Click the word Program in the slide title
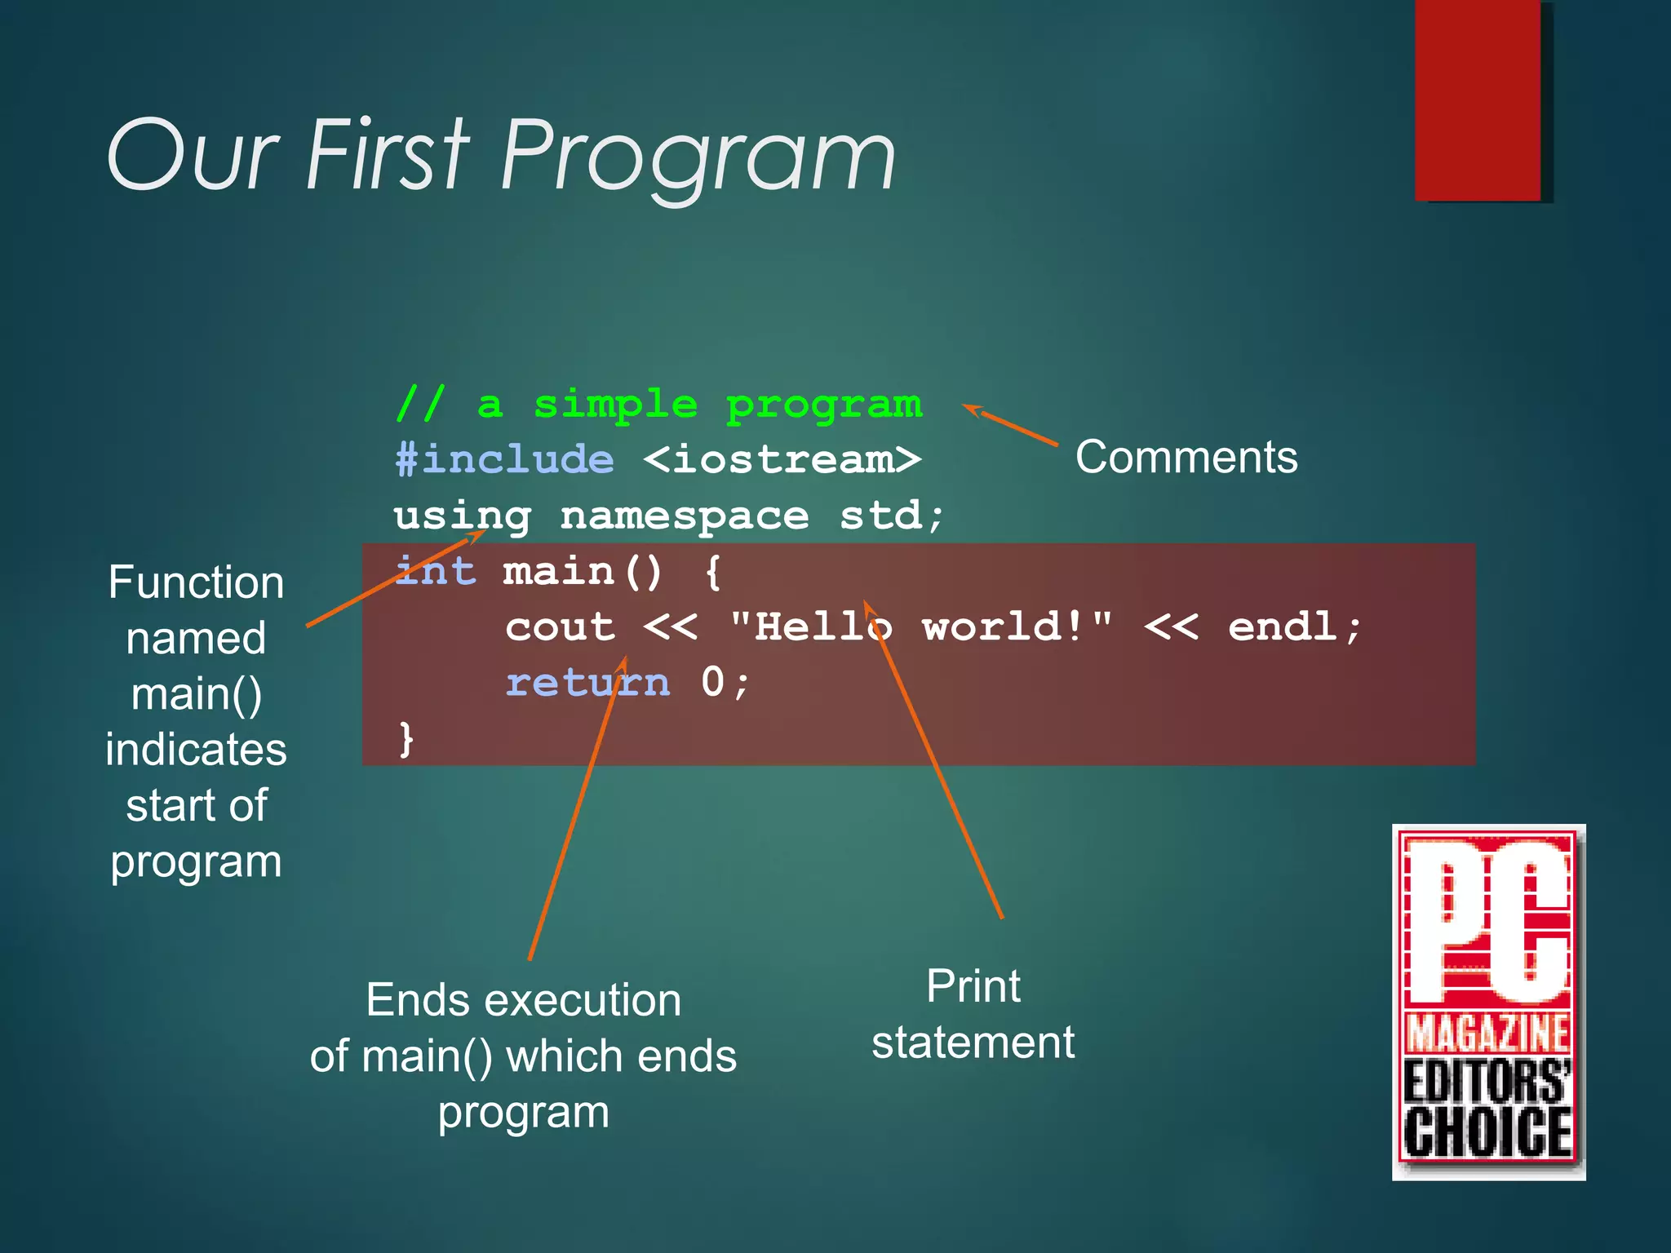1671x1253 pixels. [698, 155]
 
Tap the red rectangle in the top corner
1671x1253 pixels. [1478, 100]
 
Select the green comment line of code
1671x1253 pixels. [658, 405]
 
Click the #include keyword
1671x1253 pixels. [504, 459]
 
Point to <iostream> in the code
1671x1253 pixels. [782, 459]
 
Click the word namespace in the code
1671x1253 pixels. [684, 516]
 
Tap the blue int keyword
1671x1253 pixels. [435, 571]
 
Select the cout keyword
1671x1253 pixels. [560, 626]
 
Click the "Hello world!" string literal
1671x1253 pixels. [920, 626]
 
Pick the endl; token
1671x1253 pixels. [1295, 626]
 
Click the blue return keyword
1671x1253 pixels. [587, 682]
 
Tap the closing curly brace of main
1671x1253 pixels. [406, 738]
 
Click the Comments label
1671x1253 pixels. [1186, 457]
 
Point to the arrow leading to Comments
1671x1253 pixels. [1012, 425]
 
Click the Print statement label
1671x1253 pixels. [973, 1014]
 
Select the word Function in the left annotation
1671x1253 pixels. [196, 582]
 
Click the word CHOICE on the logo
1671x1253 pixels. [1487, 1132]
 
